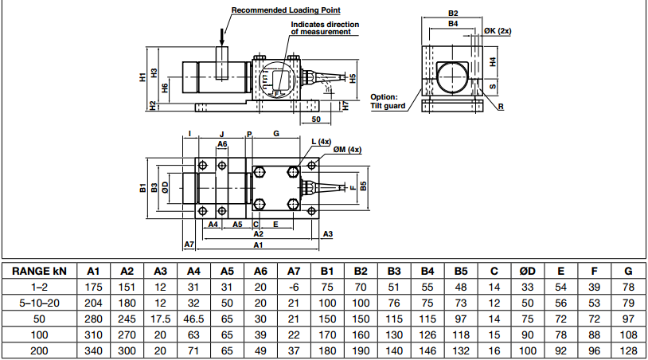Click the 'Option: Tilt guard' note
pyautogui.click(x=388, y=101)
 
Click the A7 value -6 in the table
pyautogui.click(x=294, y=287)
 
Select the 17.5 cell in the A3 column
pyautogui.click(x=160, y=319)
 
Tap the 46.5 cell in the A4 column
pyautogui.click(x=193, y=319)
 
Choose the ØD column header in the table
pyautogui.click(x=527, y=271)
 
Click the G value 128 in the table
pyautogui.click(x=628, y=350)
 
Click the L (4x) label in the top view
pyautogui.click(x=320, y=140)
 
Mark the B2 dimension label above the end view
pyautogui.click(x=453, y=14)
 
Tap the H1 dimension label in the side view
pyautogui.click(x=142, y=76)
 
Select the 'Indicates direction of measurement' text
pyautogui.click(x=324, y=29)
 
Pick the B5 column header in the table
pyautogui.click(x=461, y=271)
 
